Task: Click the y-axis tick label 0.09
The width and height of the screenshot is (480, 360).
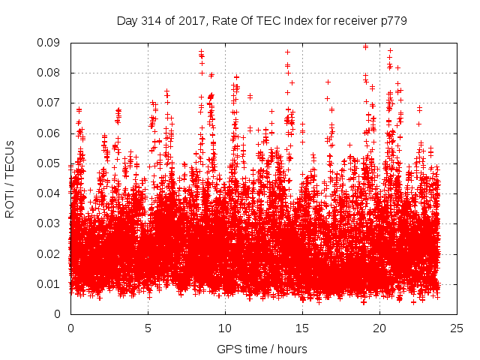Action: [x=52, y=43]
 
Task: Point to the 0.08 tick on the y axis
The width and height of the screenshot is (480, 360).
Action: [x=52, y=73]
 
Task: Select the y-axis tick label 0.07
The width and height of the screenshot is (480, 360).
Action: [x=52, y=103]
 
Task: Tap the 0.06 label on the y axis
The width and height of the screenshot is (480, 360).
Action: [x=52, y=133]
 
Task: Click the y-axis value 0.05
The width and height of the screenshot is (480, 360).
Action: [x=52, y=163]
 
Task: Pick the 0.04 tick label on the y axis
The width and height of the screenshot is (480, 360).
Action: [x=52, y=193]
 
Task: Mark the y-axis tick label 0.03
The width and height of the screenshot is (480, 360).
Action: [x=52, y=223]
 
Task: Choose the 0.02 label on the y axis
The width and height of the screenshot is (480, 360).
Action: [x=52, y=253]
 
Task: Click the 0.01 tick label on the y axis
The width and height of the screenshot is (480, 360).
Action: [x=52, y=283]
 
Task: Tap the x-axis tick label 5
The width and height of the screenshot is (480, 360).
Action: [x=148, y=328]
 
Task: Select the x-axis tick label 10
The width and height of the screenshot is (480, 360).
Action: [x=225, y=328]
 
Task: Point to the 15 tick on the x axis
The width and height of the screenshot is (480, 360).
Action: [x=302, y=328]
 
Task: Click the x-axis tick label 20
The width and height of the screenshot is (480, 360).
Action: [x=379, y=328]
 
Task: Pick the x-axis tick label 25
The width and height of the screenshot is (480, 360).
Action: [x=457, y=328]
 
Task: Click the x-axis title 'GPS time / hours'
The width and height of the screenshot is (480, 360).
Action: [x=262, y=349]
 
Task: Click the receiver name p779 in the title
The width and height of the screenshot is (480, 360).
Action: [x=394, y=20]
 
